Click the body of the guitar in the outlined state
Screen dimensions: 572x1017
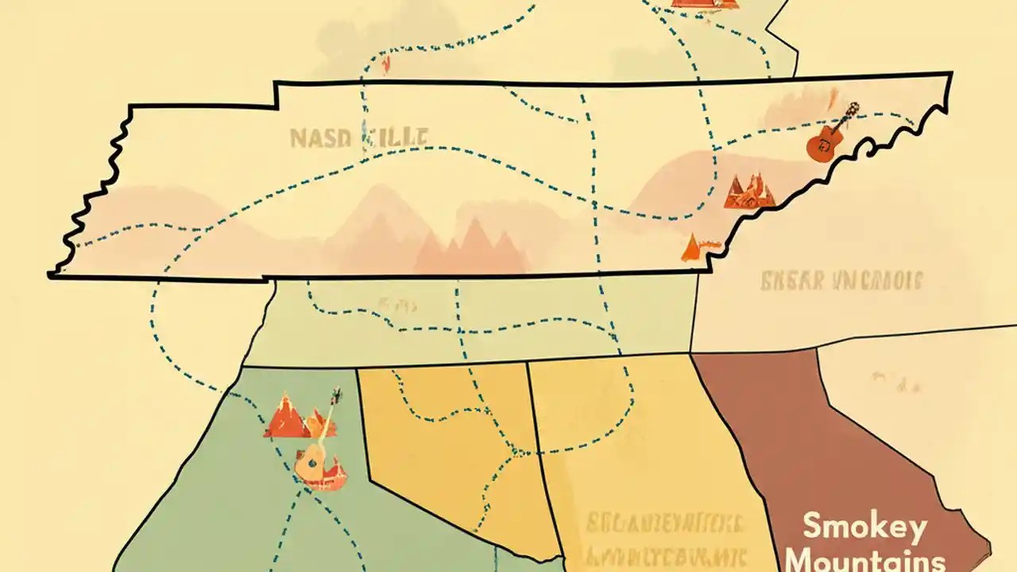823,145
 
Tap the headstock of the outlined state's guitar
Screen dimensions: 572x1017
853,109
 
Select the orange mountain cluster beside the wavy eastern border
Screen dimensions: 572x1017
748,191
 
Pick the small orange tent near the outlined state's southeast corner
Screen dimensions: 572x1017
691,247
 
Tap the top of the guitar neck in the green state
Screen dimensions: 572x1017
335,395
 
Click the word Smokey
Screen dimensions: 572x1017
864,527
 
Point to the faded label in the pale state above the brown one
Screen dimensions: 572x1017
841,280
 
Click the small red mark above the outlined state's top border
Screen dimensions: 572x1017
387,64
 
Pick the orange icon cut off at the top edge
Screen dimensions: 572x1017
705,4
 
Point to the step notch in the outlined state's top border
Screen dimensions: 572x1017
275,94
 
